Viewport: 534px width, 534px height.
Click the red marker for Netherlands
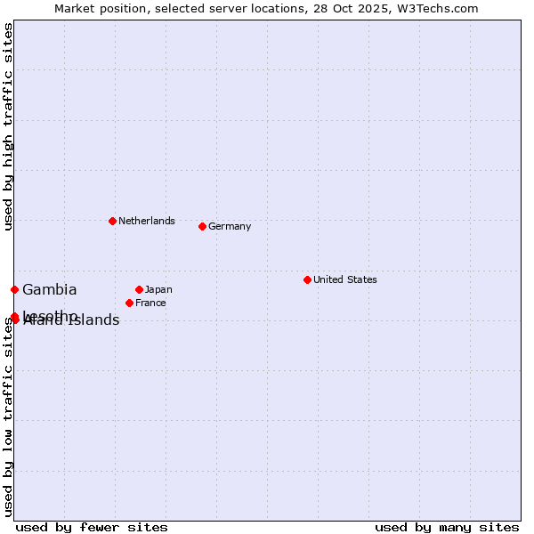point(112,221)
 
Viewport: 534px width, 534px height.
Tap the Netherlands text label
point(147,221)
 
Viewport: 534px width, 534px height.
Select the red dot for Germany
point(202,226)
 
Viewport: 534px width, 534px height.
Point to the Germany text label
point(230,226)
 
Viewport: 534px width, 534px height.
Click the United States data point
point(307,279)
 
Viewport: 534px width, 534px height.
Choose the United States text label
point(345,279)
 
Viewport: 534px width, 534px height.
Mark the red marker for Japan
point(139,289)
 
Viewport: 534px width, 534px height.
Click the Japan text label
point(158,289)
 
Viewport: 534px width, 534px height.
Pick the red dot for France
point(129,303)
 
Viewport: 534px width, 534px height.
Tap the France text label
point(150,303)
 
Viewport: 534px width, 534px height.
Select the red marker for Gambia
point(14,289)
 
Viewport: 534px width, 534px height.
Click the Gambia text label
point(50,289)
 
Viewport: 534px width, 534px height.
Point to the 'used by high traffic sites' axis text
point(8,126)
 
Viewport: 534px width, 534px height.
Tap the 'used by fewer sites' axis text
point(92,527)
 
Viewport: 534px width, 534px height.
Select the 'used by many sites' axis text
point(447,527)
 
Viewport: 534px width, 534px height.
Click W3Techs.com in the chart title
point(440,8)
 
